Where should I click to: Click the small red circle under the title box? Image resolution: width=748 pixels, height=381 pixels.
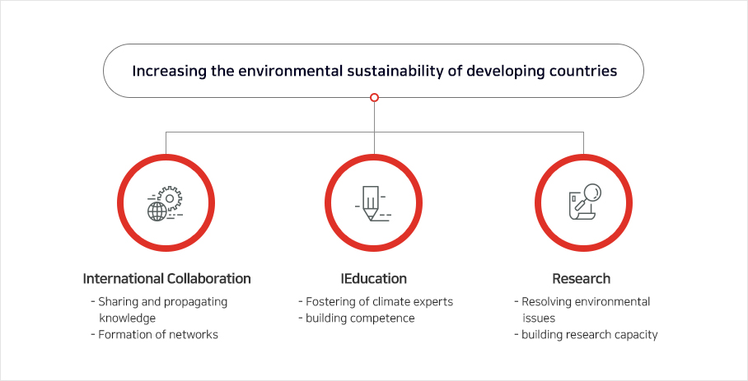pyautogui.click(x=375, y=97)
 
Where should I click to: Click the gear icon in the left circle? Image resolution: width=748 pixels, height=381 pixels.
pyautogui.click(x=170, y=198)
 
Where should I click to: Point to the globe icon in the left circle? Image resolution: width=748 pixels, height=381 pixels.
pyautogui.click(x=157, y=211)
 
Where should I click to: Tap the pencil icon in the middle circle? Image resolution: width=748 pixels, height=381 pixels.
pyautogui.click(x=371, y=203)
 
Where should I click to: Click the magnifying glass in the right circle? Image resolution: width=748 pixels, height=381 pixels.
pyautogui.click(x=589, y=196)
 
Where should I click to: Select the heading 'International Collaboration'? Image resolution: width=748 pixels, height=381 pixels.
pyautogui.click(x=167, y=279)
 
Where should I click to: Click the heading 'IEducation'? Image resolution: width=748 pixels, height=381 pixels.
pyautogui.click(x=373, y=279)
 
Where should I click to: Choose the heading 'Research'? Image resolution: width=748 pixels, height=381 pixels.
pyautogui.click(x=581, y=279)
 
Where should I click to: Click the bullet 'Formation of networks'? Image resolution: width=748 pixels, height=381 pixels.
pyautogui.click(x=158, y=335)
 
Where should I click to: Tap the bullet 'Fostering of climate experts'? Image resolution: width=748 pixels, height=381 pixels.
pyautogui.click(x=379, y=302)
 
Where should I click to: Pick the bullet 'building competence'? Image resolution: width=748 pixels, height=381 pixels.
pyautogui.click(x=360, y=318)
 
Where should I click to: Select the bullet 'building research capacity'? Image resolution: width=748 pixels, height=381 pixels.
pyautogui.click(x=590, y=335)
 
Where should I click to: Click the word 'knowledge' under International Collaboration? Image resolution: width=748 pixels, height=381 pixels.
pyautogui.click(x=128, y=318)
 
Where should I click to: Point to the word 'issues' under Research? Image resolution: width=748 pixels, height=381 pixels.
pyautogui.click(x=539, y=318)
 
